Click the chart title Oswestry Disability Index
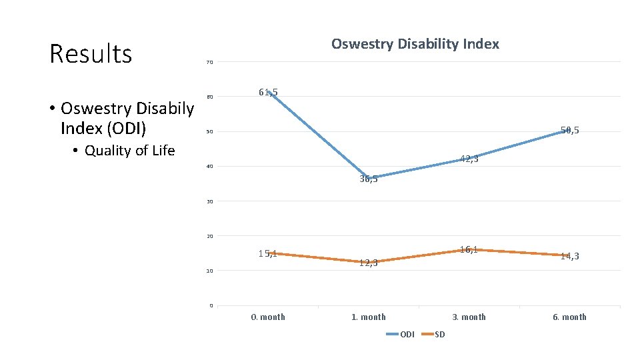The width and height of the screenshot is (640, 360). click(x=415, y=45)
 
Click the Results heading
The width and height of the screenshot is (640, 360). click(x=91, y=54)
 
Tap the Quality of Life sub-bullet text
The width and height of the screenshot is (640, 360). click(x=129, y=151)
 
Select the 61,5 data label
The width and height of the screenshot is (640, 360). click(x=268, y=92)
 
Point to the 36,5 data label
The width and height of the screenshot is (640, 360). click(x=369, y=179)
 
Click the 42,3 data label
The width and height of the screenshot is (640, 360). click(x=469, y=159)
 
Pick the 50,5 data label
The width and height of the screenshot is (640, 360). click(x=569, y=131)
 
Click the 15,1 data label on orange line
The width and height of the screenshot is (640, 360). click(x=268, y=253)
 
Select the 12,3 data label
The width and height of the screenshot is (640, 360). click(x=369, y=263)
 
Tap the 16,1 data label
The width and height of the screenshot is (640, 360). click(x=469, y=249)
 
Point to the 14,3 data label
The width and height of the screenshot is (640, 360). click(x=569, y=256)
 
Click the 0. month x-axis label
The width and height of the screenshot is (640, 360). click(x=268, y=317)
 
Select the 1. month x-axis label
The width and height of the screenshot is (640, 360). click(x=369, y=317)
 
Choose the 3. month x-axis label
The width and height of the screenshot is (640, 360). click(x=469, y=317)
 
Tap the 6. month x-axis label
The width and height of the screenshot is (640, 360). click(x=569, y=317)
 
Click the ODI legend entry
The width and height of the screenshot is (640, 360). click(x=407, y=334)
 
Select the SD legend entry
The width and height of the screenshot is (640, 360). click(x=439, y=334)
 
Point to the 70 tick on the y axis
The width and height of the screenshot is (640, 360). click(x=209, y=63)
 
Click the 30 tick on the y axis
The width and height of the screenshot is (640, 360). click(x=209, y=201)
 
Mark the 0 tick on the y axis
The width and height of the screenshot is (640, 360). click(x=211, y=305)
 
